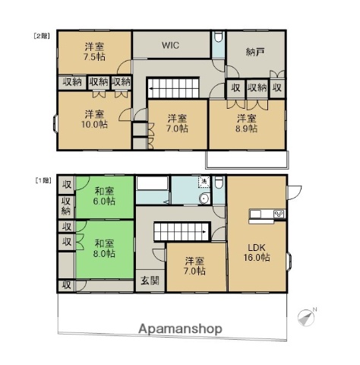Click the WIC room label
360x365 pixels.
[170, 46]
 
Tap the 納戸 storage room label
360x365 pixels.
[255, 52]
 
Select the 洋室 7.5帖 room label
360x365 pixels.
[94, 52]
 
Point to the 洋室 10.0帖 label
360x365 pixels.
[94, 119]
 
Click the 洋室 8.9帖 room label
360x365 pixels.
[246, 123]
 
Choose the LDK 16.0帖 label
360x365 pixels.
[257, 252]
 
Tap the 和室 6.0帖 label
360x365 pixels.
[104, 196]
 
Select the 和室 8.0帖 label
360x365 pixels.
[104, 249]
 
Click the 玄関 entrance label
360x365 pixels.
[150, 281]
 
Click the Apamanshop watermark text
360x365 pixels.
[181, 329]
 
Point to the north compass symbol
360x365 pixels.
[307, 317]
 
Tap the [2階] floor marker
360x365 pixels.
[41, 36]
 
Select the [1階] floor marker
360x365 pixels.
[43, 180]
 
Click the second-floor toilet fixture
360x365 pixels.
[218, 36]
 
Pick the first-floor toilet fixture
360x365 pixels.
[218, 182]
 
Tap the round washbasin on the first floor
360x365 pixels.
[204, 198]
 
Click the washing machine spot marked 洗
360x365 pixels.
[204, 182]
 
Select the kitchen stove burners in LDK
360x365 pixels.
[279, 214]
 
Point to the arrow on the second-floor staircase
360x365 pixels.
[153, 89]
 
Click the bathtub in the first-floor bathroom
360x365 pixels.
[152, 182]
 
